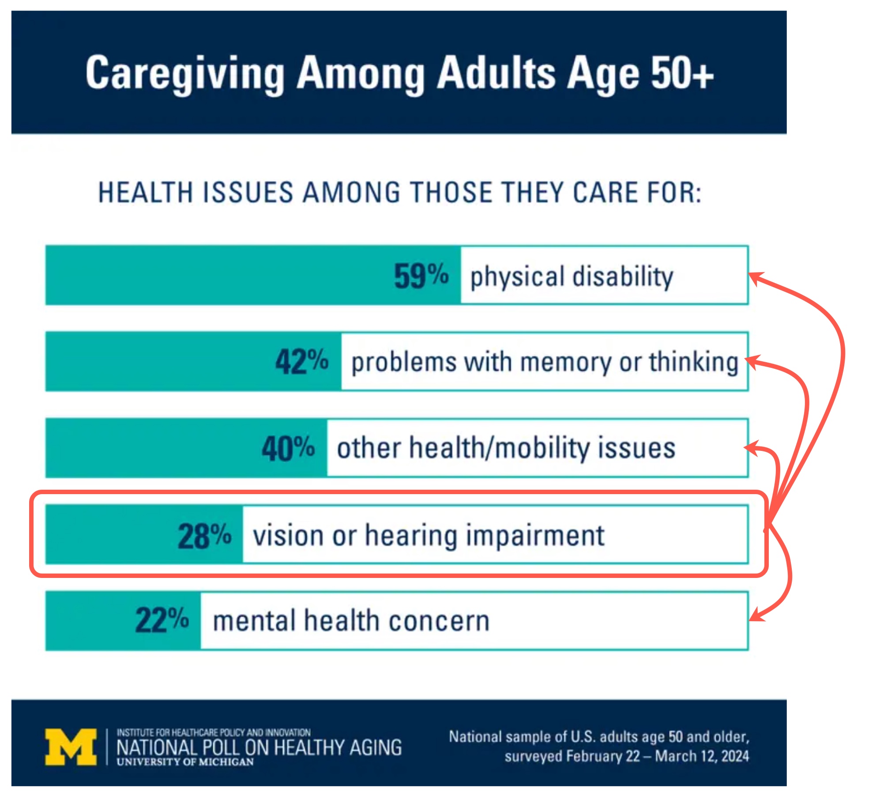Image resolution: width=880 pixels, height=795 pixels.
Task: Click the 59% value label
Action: (x=421, y=276)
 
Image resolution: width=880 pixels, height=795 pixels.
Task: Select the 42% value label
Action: (x=302, y=361)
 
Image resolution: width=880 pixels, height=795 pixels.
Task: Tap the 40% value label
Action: (x=288, y=448)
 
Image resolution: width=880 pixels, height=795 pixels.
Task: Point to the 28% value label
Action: (x=204, y=536)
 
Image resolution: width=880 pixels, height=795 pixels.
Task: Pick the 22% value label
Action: (x=162, y=620)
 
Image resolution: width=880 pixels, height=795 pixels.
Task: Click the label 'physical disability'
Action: (x=572, y=277)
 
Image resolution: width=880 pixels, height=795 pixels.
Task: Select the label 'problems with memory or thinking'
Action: (x=545, y=362)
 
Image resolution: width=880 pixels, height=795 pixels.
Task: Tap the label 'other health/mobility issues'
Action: (x=506, y=448)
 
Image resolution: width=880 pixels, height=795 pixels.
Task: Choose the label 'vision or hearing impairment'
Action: (x=428, y=536)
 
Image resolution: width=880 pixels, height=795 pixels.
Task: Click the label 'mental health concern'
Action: (x=351, y=621)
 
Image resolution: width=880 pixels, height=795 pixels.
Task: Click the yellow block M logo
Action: (x=71, y=746)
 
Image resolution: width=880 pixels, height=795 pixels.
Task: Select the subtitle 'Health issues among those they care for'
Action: (x=399, y=193)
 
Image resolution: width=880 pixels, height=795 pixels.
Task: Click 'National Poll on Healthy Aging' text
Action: (x=259, y=747)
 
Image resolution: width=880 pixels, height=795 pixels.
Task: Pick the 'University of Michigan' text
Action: (x=185, y=762)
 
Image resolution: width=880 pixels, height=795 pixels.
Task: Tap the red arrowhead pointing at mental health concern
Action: (x=756, y=615)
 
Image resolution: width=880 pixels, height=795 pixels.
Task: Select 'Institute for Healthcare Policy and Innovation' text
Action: (x=214, y=733)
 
